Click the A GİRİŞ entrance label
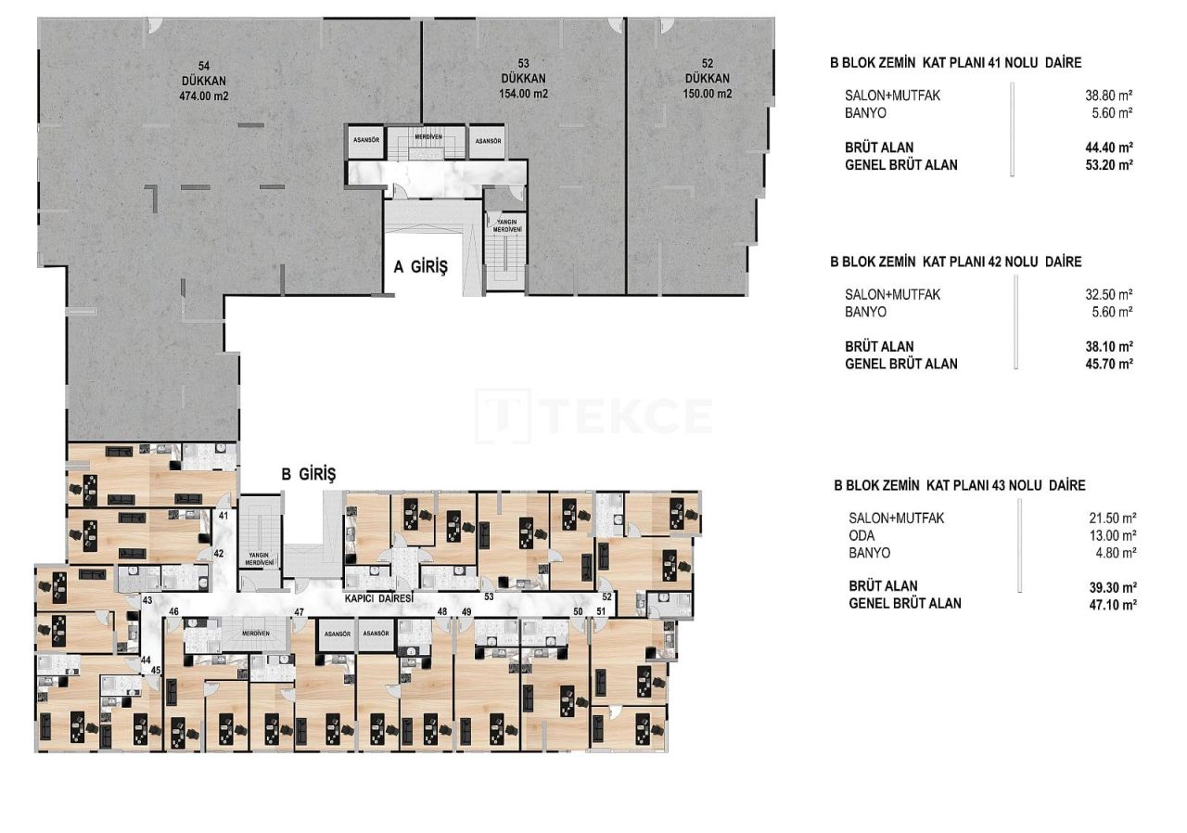(420, 268)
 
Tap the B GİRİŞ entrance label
(309, 474)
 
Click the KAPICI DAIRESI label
(378, 599)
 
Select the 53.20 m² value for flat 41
(1112, 164)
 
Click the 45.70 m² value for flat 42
(1112, 364)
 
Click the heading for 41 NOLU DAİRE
(955, 63)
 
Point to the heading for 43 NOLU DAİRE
(959, 485)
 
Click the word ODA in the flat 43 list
(862, 535)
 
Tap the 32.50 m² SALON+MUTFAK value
(1112, 294)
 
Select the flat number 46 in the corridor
(172, 612)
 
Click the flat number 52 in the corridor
(606, 596)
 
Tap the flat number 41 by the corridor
(223, 516)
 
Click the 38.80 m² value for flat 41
(1112, 96)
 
